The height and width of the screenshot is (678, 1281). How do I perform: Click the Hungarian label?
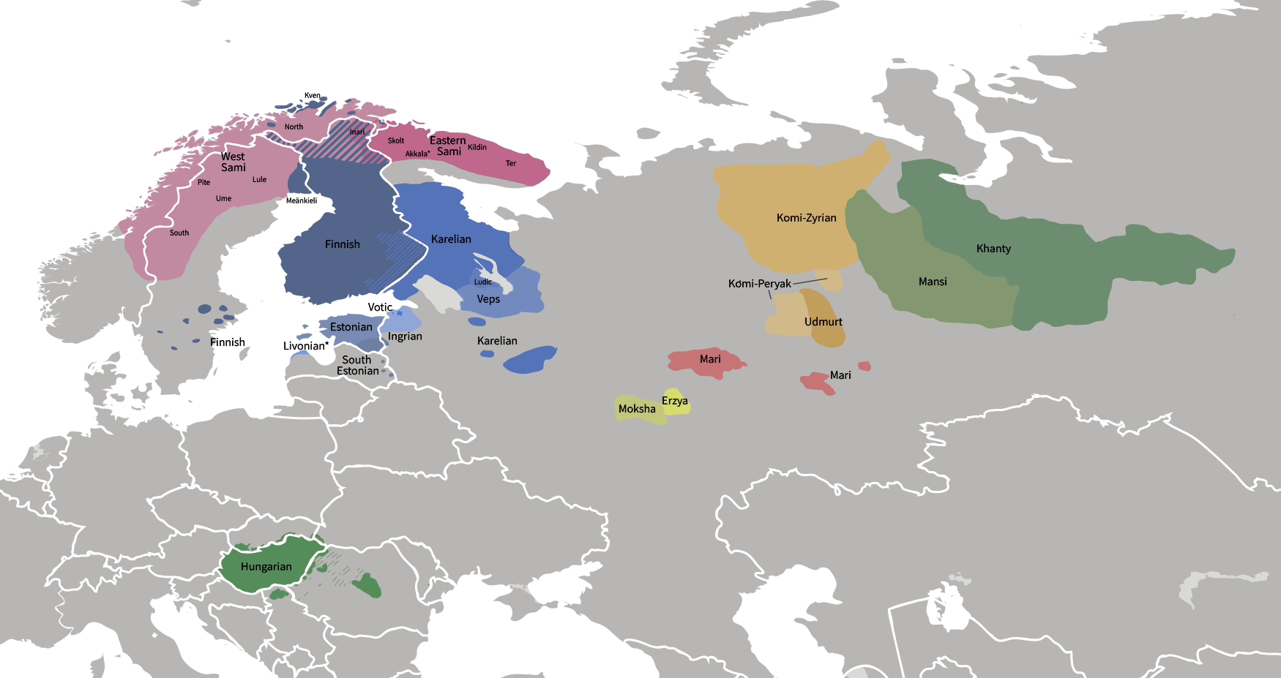point(266,567)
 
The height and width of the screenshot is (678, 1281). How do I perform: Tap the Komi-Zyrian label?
point(806,218)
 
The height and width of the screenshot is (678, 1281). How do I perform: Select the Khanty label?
point(993,249)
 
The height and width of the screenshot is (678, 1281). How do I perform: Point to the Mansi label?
point(933,282)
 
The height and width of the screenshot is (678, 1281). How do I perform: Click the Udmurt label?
point(823,322)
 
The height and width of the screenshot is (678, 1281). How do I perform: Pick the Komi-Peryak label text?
point(759,284)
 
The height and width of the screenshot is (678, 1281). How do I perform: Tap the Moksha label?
point(637,409)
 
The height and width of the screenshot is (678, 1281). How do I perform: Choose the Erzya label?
point(674,401)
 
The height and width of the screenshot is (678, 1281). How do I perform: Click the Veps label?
point(488,299)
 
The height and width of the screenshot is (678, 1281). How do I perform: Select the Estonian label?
point(351,327)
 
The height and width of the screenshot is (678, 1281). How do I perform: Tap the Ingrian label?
point(405,336)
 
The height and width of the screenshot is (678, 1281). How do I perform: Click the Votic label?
point(380,307)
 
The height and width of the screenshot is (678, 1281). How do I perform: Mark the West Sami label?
point(233,162)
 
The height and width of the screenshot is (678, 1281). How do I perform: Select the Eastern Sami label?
point(448,146)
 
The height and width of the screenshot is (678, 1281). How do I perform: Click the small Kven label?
point(313,96)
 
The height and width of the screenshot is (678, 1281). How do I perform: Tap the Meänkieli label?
point(302,200)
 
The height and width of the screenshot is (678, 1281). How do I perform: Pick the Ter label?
point(511,163)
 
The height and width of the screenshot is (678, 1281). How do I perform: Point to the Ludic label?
point(483,282)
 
